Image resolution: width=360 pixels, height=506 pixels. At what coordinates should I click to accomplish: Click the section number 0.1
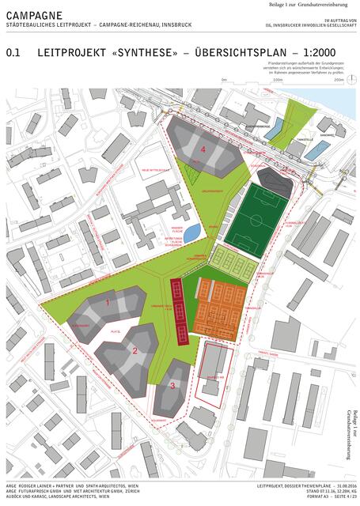(13, 55)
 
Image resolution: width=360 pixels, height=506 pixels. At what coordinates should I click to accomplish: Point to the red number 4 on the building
(203, 149)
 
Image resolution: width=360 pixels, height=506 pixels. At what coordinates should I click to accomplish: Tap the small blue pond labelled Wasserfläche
(191, 232)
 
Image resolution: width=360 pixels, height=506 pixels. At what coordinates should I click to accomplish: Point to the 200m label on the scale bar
(339, 80)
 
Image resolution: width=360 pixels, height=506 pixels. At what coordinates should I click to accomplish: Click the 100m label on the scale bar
(277, 80)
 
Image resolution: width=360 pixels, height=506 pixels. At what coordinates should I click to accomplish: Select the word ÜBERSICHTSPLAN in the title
(236, 55)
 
